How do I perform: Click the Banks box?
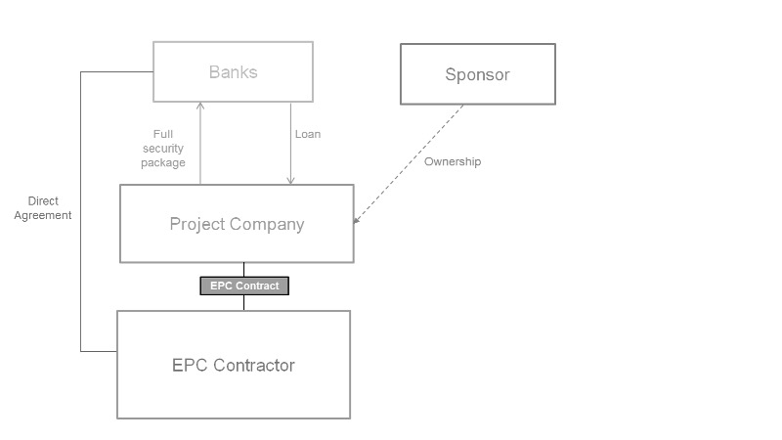233,71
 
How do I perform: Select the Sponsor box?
477,74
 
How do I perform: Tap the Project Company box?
237,224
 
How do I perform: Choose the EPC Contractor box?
233,365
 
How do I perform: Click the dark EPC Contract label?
244,286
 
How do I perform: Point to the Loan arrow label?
308,134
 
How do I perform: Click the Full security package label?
162,149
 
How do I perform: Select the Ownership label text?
453,161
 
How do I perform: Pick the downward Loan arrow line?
290,142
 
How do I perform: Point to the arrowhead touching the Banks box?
199,105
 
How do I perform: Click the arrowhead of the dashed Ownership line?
356,220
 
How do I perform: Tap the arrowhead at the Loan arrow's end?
290,180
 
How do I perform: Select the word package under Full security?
162,163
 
